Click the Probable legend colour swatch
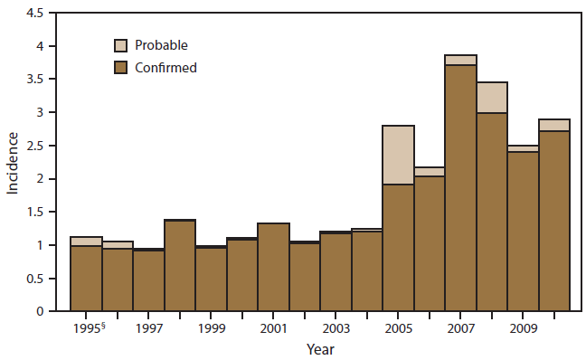click(120, 44)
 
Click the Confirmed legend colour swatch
click(120, 67)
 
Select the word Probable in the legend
click(161, 44)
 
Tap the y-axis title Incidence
click(14, 163)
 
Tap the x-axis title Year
click(318, 347)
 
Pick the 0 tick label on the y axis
click(48, 311)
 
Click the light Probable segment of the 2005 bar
click(398, 155)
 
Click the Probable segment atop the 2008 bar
click(492, 98)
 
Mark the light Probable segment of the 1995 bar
click(86, 242)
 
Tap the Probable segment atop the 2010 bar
click(553, 125)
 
